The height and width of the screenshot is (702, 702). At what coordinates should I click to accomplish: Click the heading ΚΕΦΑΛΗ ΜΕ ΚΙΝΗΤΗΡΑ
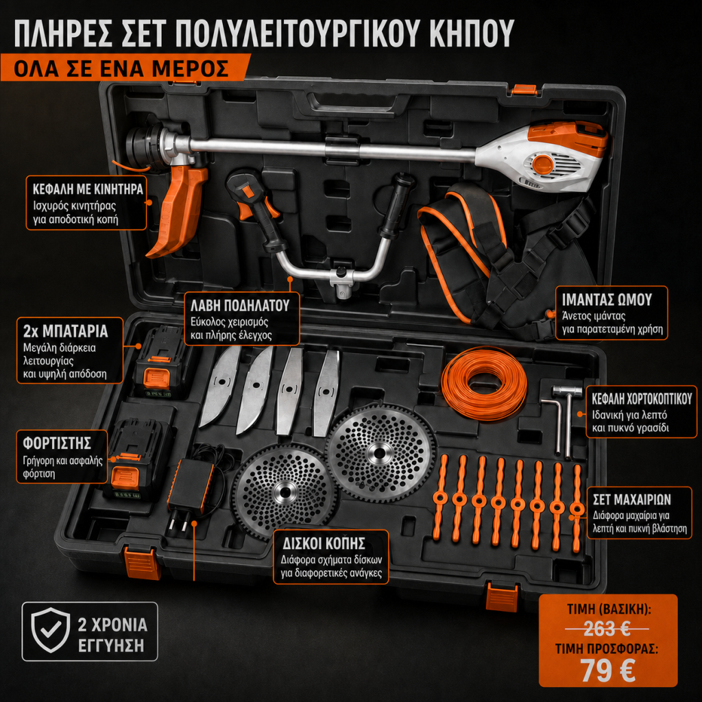pos(88,189)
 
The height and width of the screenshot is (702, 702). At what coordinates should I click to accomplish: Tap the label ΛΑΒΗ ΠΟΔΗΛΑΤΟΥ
pos(240,305)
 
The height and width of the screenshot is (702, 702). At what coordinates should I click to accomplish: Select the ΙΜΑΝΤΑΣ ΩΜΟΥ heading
pos(607,300)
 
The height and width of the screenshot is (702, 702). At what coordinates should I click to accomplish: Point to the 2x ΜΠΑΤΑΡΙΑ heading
pos(65,331)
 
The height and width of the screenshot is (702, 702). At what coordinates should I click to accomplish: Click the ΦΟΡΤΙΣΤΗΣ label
pos(57,444)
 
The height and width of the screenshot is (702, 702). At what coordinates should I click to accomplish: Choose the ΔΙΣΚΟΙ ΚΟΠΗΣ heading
pos(324,544)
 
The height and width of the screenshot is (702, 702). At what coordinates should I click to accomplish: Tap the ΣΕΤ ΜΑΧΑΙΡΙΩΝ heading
pos(631,500)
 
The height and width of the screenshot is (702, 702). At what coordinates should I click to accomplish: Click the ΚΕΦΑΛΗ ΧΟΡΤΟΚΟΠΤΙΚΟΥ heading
pos(642,398)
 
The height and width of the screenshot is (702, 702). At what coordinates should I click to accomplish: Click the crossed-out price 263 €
pos(607,629)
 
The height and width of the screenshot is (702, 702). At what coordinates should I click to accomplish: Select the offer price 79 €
pos(607,670)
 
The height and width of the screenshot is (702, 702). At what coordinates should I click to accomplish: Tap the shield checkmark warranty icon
pos(50,631)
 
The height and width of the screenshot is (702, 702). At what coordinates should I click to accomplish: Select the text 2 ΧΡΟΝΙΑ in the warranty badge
pos(112,625)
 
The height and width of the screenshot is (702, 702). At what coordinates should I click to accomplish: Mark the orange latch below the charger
pos(142,563)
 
